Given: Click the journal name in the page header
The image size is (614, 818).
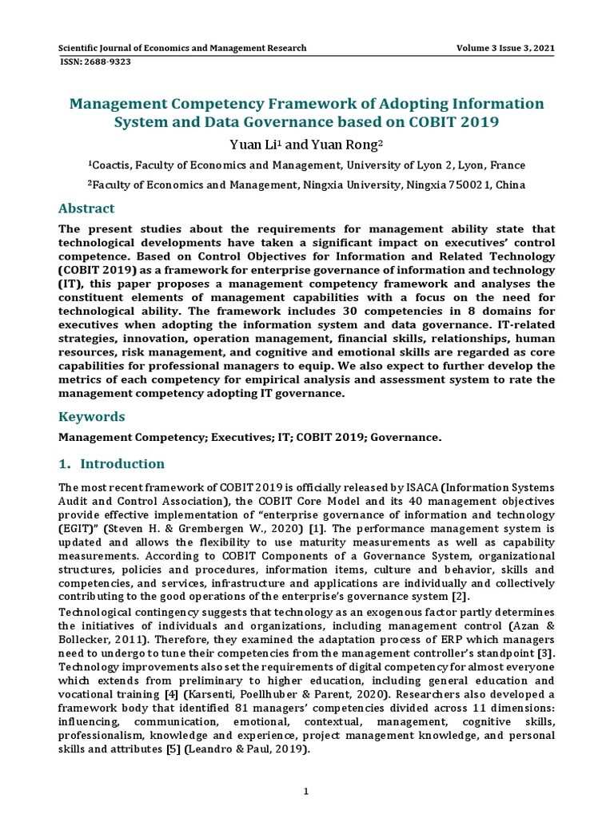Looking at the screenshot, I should coord(183,48).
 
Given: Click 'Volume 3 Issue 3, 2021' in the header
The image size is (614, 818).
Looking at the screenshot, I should coord(505,48).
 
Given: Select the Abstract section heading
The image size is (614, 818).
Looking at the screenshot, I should coord(86,208).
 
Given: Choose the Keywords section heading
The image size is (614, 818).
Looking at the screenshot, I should coord(92,416).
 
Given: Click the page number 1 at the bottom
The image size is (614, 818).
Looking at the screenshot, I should coord(305,792).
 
